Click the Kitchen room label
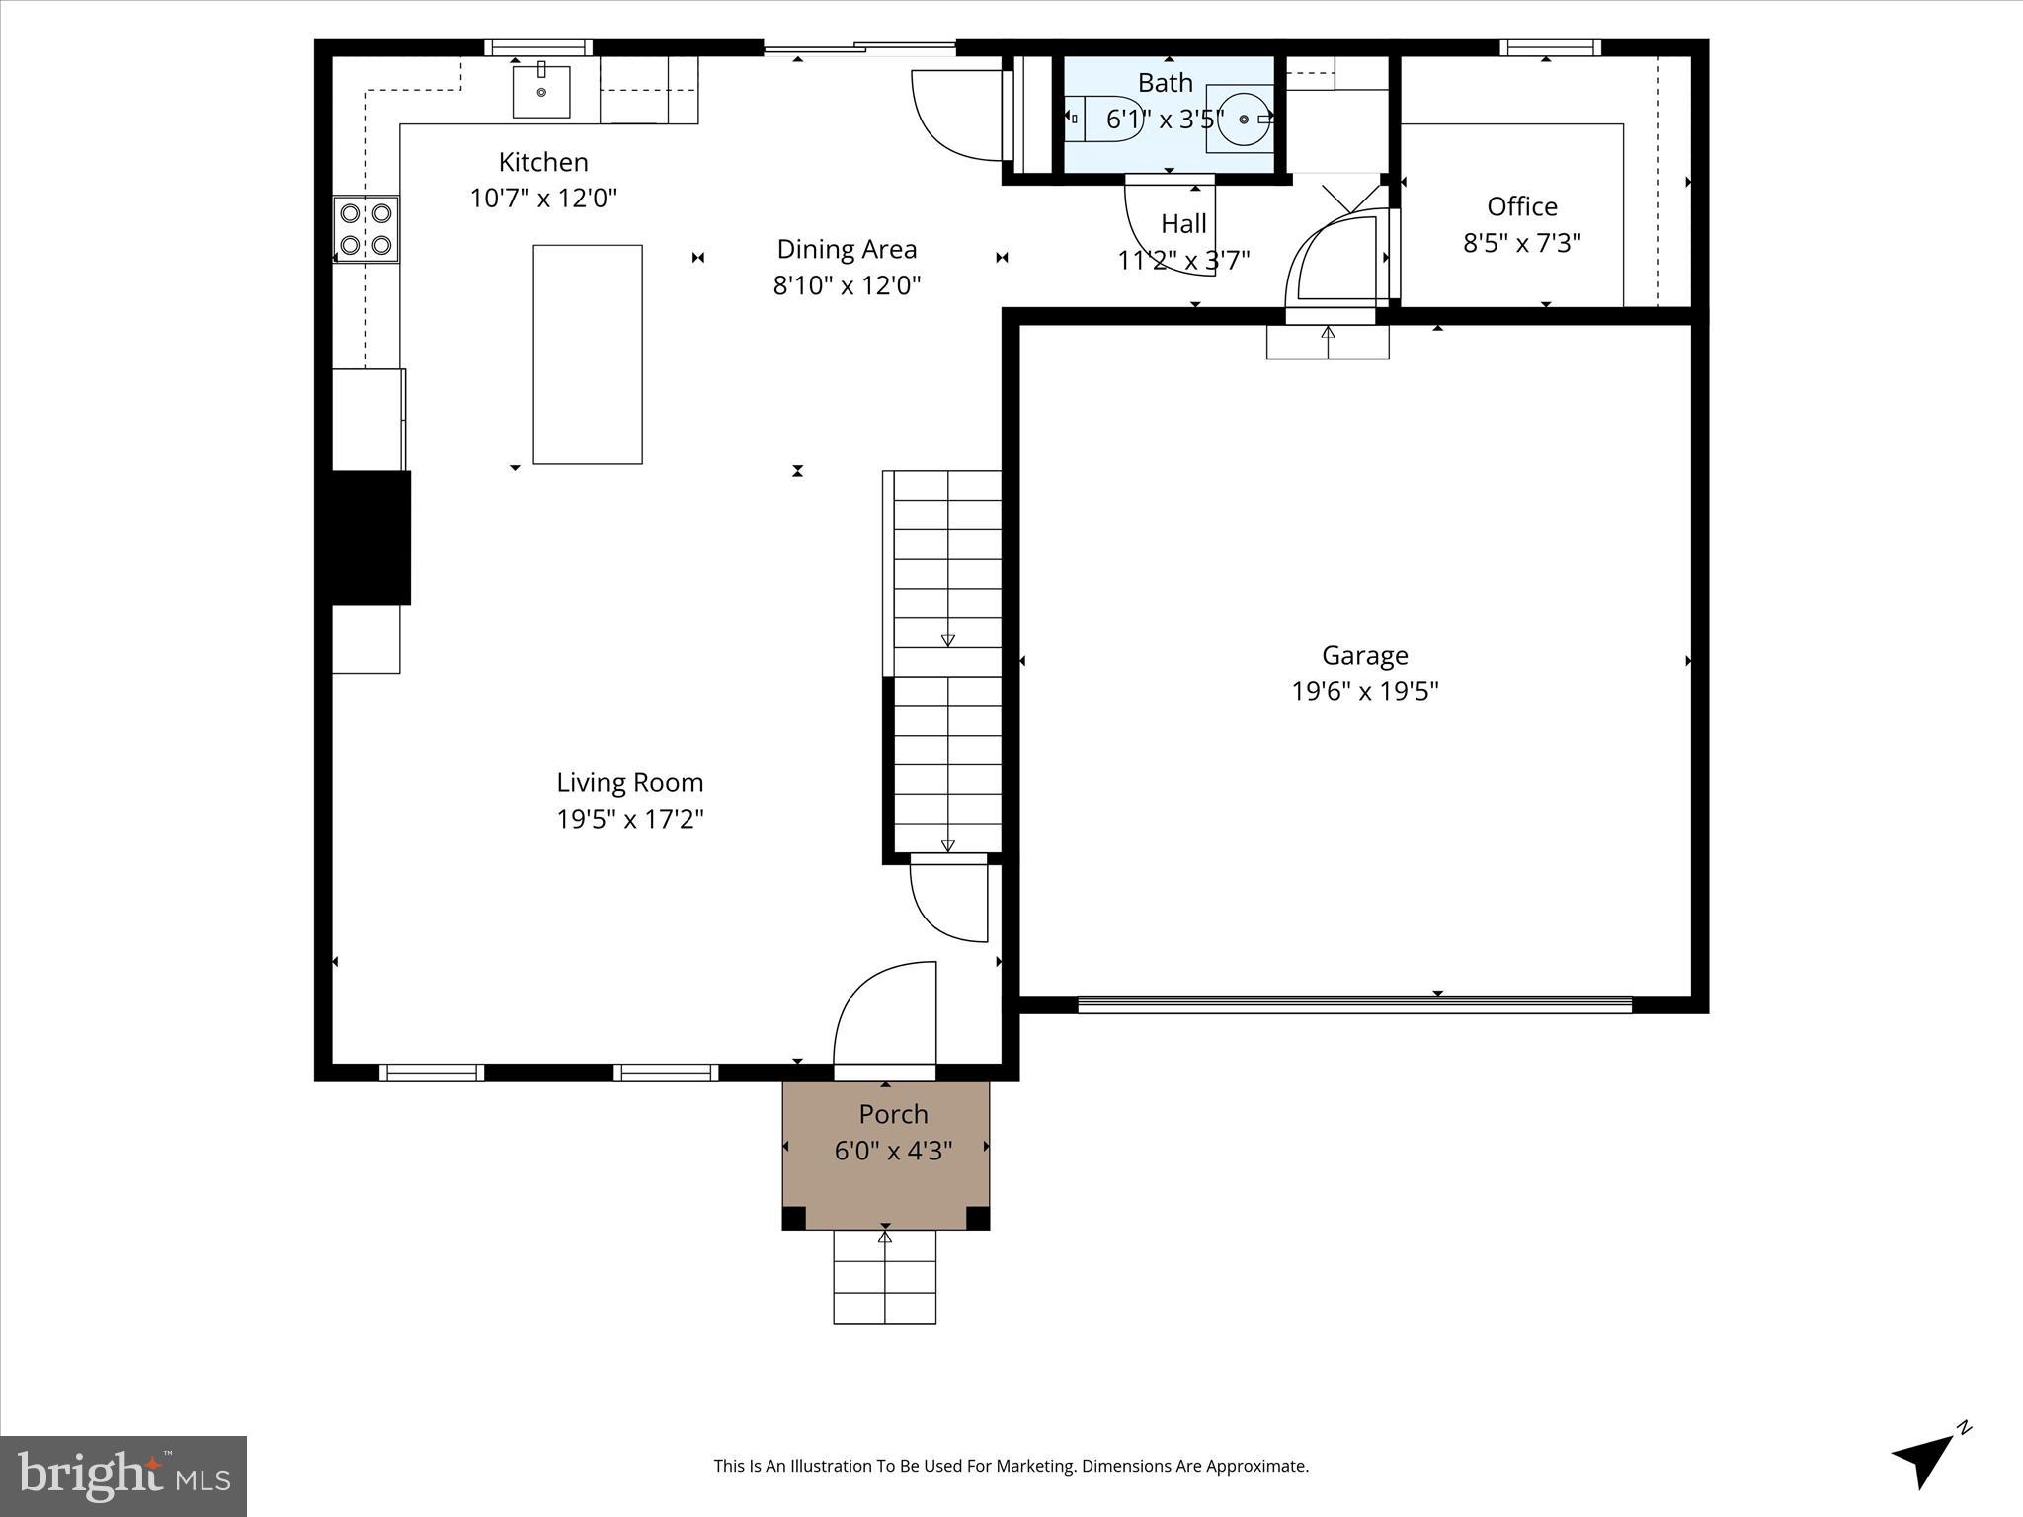(x=543, y=162)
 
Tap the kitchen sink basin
(x=541, y=92)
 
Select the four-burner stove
(x=365, y=229)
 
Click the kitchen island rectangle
(x=588, y=355)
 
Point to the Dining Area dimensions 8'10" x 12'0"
(x=847, y=285)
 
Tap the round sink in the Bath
(x=1242, y=120)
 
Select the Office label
(x=1521, y=206)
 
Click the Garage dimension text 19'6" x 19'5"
(x=1364, y=691)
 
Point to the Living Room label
(x=629, y=782)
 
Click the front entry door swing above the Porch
(x=885, y=1017)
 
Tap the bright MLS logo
(x=122, y=1476)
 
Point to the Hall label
(x=1183, y=224)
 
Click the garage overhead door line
(x=1353, y=1003)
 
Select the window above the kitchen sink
(x=538, y=46)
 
